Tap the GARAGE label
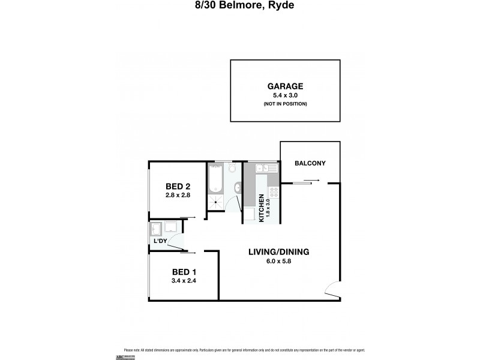[x=286, y=86]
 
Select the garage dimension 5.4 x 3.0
[x=286, y=95]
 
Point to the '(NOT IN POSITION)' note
[x=286, y=104]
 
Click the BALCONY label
[x=310, y=163]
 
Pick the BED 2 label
[x=178, y=186]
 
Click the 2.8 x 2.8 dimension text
[x=178, y=195]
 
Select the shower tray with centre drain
[x=215, y=204]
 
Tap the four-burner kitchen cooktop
[x=274, y=193]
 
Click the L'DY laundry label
[x=160, y=241]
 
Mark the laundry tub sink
[x=157, y=229]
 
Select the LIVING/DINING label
[x=278, y=252]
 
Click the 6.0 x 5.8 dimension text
[x=278, y=261]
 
